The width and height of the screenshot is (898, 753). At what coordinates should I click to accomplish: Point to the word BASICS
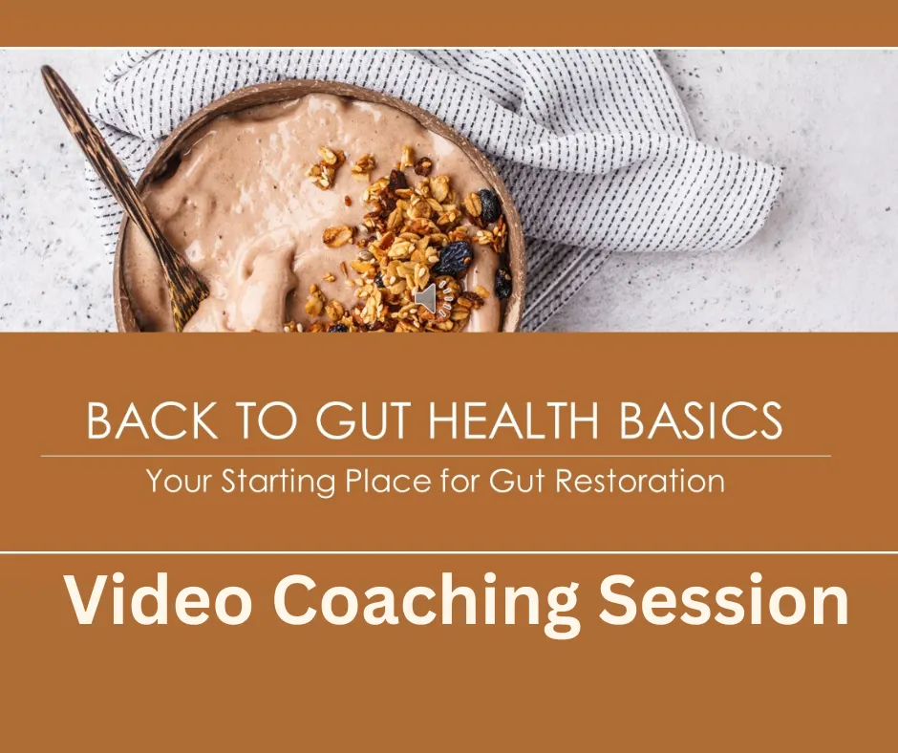pyautogui.click(x=701, y=421)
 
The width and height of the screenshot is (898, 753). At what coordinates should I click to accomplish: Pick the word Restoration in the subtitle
pyautogui.click(x=640, y=481)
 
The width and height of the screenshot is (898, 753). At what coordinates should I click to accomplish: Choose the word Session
pyautogui.click(x=723, y=600)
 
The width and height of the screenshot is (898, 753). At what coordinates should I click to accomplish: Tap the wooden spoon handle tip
pyautogui.click(x=48, y=71)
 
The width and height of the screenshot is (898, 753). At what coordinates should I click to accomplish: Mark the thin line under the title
pyautogui.click(x=436, y=456)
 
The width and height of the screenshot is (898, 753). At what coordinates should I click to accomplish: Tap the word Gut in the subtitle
pyautogui.click(x=516, y=481)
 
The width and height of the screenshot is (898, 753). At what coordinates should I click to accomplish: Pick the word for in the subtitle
pyautogui.click(x=460, y=481)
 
